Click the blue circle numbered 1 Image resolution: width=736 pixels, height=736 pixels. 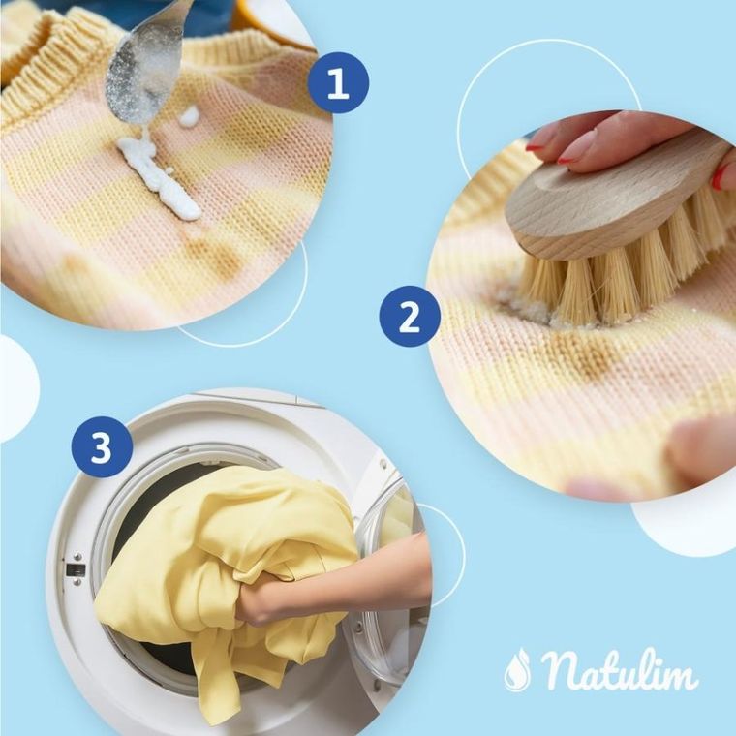[x=338, y=83]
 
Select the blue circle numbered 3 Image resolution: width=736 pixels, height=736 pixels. [x=101, y=446]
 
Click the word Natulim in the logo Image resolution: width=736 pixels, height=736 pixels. [x=620, y=671]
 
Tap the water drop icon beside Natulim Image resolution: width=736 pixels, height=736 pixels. [x=517, y=669]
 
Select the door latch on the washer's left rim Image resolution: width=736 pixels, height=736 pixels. [x=76, y=569]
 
